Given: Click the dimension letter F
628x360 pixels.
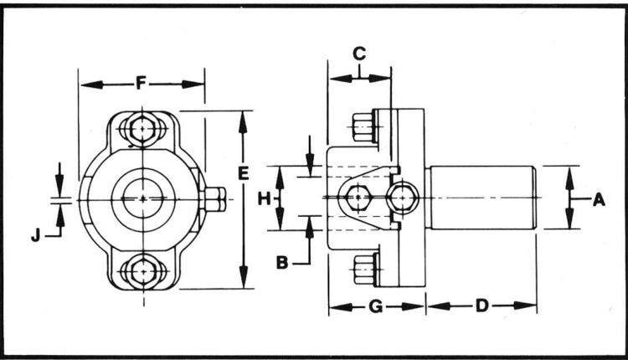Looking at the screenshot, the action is [140, 84].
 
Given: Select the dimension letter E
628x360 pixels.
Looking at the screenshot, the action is [243, 173].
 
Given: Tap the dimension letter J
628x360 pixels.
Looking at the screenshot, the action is [36, 236].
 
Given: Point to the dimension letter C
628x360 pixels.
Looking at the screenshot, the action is [359, 54].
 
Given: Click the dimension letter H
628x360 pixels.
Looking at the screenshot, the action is [264, 198].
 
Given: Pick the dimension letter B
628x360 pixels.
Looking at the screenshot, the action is [282, 263].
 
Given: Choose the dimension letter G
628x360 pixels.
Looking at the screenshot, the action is [376, 306].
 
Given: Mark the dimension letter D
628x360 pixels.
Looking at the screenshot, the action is [482, 306].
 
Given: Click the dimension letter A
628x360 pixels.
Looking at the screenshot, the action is [599, 199].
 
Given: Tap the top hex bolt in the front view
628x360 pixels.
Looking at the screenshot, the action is [143, 129].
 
